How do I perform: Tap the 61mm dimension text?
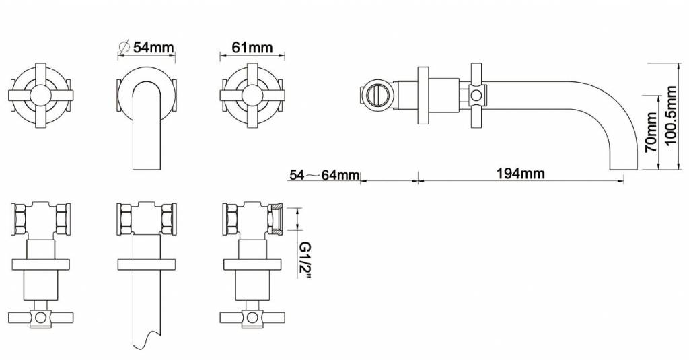click(x=252, y=47)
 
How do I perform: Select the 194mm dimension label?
click(x=521, y=173)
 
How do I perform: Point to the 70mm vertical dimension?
click(x=651, y=133)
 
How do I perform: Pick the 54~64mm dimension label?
click(x=324, y=175)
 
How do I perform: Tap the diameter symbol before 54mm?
click(x=124, y=46)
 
